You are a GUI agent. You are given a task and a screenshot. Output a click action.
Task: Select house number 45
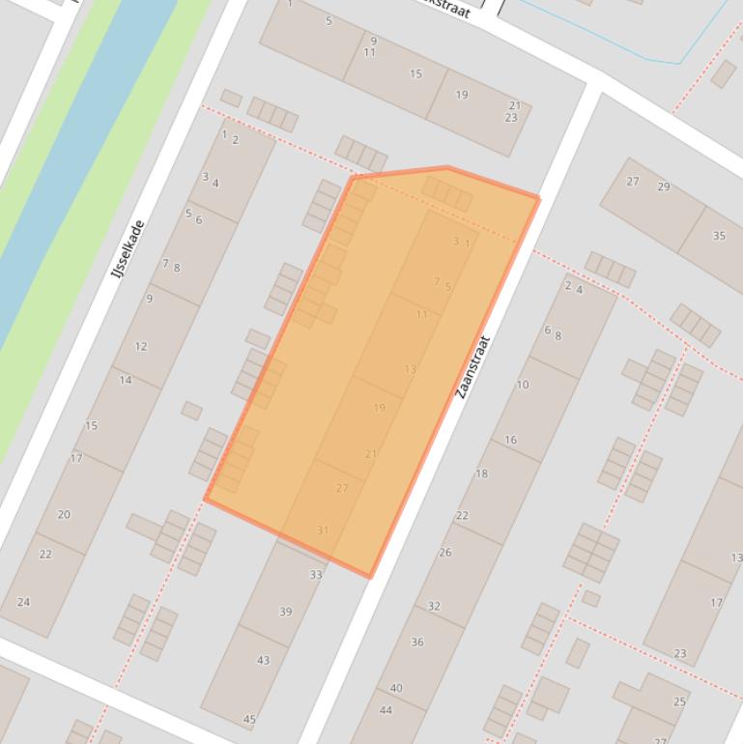pyautogui.click(x=249, y=720)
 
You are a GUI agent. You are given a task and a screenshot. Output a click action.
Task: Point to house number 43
pyautogui.click(x=263, y=660)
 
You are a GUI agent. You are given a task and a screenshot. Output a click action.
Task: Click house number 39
pyautogui.click(x=285, y=612)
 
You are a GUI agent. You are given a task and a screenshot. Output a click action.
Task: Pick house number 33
pyautogui.click(x=315, y=575)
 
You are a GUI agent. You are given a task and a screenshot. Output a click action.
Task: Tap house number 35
pyautogui.click(x=719, y=236)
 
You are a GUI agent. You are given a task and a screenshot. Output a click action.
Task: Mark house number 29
pyautogui.click(x=664, y=186)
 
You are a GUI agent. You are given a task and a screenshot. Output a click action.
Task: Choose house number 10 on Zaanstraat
pyautogui.click(x=523, y=385)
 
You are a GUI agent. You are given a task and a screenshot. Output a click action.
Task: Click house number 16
pyautogui.click(x=510, y=440)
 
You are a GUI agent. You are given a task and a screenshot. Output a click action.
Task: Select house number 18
pyautogui.click(x=482, y=473)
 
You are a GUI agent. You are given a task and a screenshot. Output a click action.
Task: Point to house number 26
pyautogui.click(x=445, y=553)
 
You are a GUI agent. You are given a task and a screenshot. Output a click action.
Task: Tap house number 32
pyautogui.click(x=434, y=607)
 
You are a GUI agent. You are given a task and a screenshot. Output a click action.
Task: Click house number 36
pyautogui.click(x=417, y=642)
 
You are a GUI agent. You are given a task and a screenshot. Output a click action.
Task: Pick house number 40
pyautogui.click(x=396, y=688)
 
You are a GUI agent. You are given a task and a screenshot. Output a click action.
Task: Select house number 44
pyautogui.click(x=386, y=710)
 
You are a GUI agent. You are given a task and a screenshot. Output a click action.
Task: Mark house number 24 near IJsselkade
pyautogui.click(x=23, y=602)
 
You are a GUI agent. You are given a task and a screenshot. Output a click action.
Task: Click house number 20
pyautogui.click(x=64, y=514)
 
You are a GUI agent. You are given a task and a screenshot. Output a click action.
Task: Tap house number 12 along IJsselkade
pyautogui.click(x=141, y=346)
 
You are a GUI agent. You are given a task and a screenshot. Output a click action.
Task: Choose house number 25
pyautogui.click(x=680, y=701)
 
